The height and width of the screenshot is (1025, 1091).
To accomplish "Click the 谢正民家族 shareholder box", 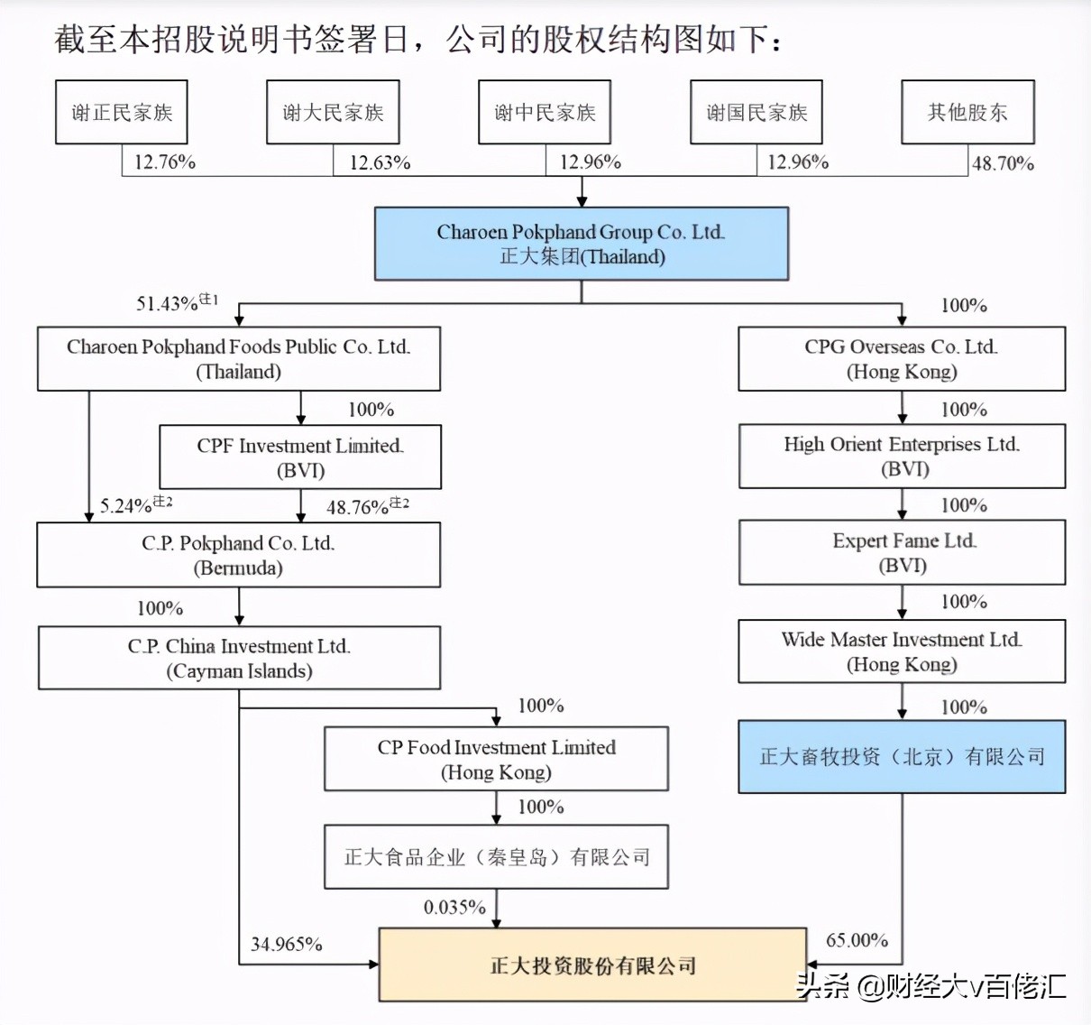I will pyautogui.click(x=122, y=112).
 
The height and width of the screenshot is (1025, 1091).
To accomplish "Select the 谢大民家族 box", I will pyautogui.click(x=333, y=112).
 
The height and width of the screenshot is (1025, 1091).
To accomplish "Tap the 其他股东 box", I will pyautogui.click(x=967, y=112).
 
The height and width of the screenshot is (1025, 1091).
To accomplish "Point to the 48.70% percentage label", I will pyautogui.click(x=1003, y=163).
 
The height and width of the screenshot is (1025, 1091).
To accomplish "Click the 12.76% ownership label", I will pyautogui.click(x=164, y=162).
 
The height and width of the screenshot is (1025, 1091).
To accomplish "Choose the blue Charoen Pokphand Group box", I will pyautogui.click(x=582, y=244).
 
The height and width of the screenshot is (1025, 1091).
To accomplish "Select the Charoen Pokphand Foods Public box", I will pyautogui.click(x=238, y=358).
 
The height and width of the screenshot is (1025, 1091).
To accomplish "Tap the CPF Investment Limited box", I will pyautogui.click(x=300, y=457).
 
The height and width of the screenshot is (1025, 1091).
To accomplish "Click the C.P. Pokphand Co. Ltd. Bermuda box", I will pyautogui.click(x=238, y=555).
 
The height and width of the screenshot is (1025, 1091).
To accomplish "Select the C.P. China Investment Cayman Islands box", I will pyautogui.click(x=239, y=658).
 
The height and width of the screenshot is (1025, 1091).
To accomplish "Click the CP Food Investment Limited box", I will pyautogui.click(x=496, y=759).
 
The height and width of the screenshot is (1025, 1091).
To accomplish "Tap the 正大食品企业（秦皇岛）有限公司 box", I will pyautogui.click(x=496, y=857).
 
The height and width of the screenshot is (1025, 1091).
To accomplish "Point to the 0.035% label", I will pyautogui.click(x=454, y=908).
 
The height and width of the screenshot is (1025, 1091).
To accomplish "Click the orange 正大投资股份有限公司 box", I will pyautogui.click(x=592, y=965).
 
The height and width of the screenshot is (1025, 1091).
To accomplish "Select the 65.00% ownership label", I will pyautogui.click(x=857, y=940).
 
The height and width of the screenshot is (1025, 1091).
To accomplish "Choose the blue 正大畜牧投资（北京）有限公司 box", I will pyautogui.click(x=902, y=757).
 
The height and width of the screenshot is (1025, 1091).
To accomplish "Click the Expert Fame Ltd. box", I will pyautogui.click(x=902, y=552).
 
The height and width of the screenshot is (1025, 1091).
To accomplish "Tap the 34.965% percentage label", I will pyautogui.click(x=286, y=945).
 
